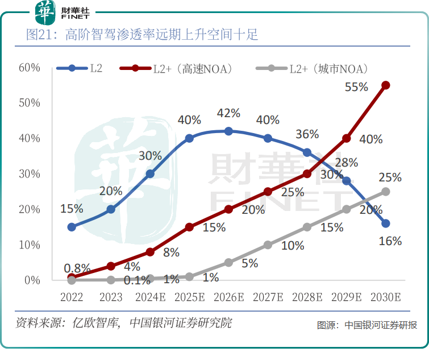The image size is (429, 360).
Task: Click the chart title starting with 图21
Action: click(142, 35)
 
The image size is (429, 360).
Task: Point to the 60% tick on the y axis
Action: click(29, 68)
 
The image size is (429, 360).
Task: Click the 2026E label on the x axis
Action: click(228, 297)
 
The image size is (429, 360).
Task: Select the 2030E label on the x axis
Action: click(385, 297)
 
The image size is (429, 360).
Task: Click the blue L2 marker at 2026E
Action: click(228, 131)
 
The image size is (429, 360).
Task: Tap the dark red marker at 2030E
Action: click(385, 85)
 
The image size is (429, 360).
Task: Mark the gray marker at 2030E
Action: click(385, 191)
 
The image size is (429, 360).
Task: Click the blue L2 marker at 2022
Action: click(72, 227)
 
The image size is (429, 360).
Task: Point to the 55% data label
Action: click(357, 87)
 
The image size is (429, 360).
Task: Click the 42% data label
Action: click(228, 113)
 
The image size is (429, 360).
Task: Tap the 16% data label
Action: click(390, 241)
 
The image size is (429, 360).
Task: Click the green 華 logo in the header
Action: click(45, 12)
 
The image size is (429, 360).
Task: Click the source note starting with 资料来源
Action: click(123, 323)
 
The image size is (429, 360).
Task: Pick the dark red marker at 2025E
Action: click(189, 227)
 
